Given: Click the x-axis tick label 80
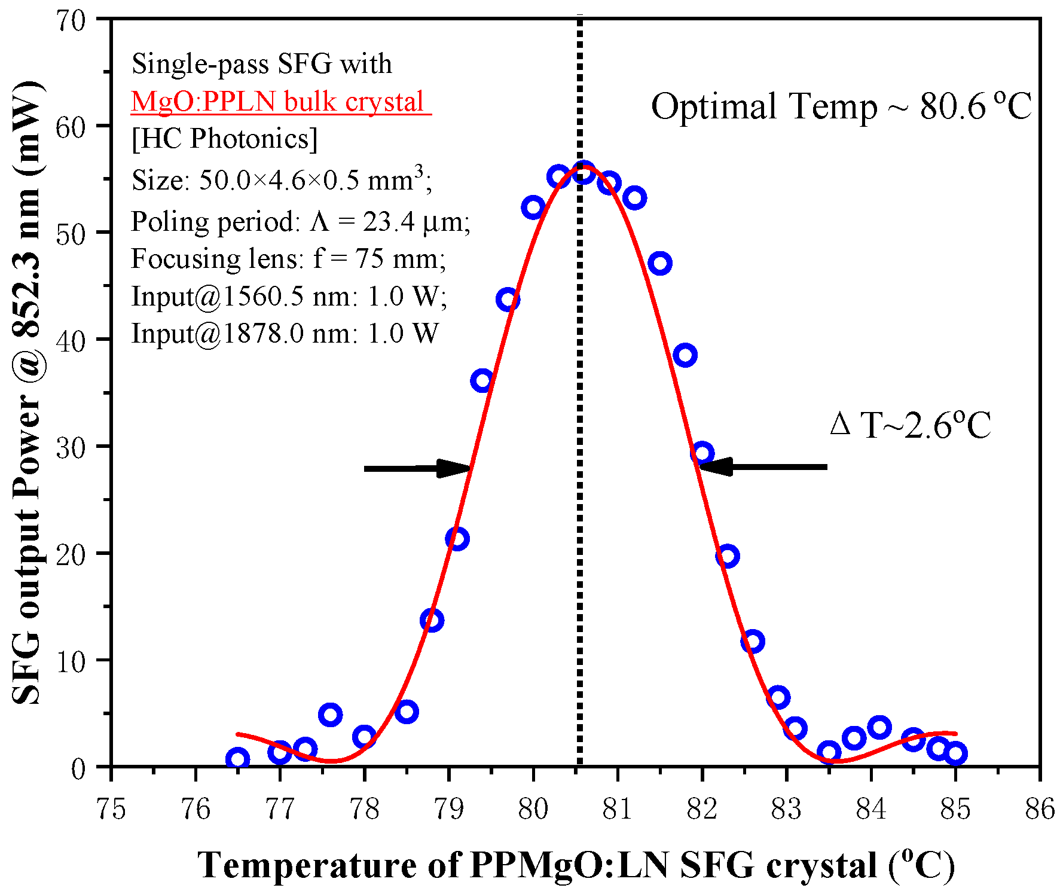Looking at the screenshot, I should click(x=533, y=809).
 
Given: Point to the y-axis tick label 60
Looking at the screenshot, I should click(x=71, y=126).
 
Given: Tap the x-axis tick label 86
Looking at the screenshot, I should click(x=1039, y=809).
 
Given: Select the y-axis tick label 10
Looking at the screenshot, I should click(x=71, y=661).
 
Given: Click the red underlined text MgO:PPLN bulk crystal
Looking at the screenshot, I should click(x=279, y=101).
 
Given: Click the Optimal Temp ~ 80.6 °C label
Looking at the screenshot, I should click(x=841, y=106).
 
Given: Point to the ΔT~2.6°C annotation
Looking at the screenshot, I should click(x=910, y=425).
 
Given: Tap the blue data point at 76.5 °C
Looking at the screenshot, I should click(x=237, y=759).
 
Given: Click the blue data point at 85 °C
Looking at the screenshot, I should click(x=955, y=753).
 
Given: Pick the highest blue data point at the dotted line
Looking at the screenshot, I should click(x=584, y=172).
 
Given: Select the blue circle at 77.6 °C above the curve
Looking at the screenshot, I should click(x=330, y=714).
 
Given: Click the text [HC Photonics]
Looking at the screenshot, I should click(x=225, y=139).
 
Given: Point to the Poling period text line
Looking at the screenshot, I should click(x=300, y=222).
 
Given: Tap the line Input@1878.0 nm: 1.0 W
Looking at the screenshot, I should click(x=285, y=333).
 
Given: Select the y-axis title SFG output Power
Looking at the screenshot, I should click(x=28, y=392).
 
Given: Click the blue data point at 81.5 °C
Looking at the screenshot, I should click(x=660, y=263).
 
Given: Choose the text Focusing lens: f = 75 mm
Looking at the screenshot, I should click(x=288, y=259).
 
